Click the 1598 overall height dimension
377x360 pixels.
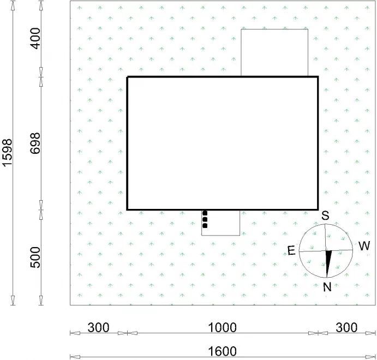click(7, 152)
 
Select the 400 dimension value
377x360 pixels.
click(35, 38)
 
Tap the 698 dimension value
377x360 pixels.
click(35, 143)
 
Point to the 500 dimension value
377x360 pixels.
click(35, 257)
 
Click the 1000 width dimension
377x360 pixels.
click(222, 327)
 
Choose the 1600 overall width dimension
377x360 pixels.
click(222, 351)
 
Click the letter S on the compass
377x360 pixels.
click(325, 215)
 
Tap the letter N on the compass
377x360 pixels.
click(327, 287)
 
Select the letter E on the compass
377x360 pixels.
click(291, 251)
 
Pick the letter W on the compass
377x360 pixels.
click(364, 246)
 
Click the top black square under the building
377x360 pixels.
click(205, 213)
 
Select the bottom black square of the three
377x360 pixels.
click(205, 226)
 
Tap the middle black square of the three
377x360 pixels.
click(205, 219)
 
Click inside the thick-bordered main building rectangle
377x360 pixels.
click(223, 143)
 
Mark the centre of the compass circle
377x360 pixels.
click(326, 251)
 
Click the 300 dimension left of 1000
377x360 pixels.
click(98, 327)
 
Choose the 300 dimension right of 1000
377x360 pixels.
click(346, 327)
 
